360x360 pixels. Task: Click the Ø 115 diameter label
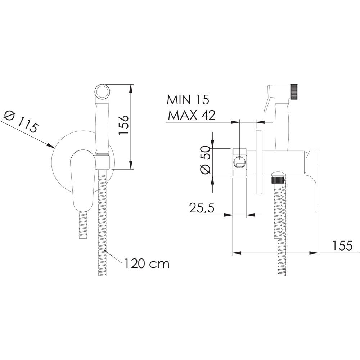coord(21,122)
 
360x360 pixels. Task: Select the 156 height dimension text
coord(123,125)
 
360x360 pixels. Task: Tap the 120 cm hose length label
coord(147,264)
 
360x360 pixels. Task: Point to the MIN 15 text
coord(188,100)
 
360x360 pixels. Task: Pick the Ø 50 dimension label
coord(205,160)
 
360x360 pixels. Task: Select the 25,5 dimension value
coord(202,208)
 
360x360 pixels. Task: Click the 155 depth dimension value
coord(342,246)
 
